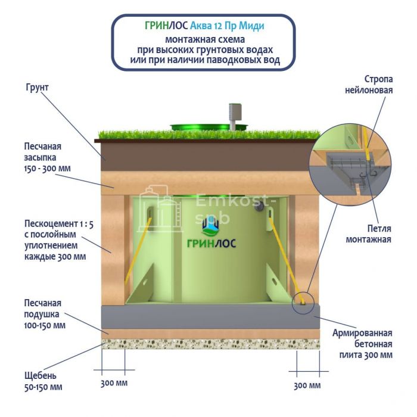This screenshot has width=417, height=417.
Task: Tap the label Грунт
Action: [37, 88]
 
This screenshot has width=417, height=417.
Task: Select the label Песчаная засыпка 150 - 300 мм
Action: [47, 157]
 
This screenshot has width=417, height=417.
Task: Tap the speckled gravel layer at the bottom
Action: [208, 344]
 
